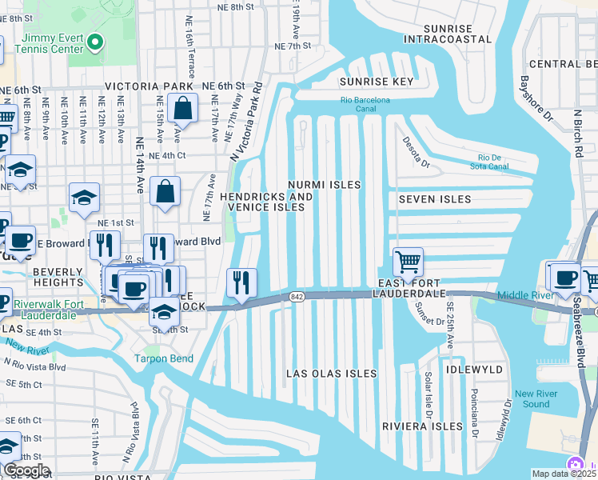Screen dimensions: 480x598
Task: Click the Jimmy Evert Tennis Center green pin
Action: click(x=96, y=42)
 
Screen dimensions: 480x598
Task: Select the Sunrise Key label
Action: click(x=376, y=82)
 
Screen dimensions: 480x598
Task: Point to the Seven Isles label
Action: click(x=434, y=199)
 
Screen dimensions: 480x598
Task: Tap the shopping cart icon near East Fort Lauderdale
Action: click(x=408, y=262)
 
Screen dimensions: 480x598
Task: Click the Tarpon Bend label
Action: click(x=163, y=358)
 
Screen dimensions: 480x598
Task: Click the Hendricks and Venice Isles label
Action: click(x=266, y=202)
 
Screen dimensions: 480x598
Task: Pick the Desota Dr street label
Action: click(x=415, y=154)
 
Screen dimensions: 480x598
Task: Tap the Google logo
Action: click(x=26, y=470)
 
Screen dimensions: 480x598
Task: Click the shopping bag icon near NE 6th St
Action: click(x=183, y=110)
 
